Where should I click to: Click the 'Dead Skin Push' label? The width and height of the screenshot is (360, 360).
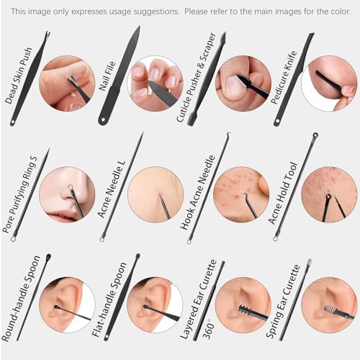[x=18, y=76]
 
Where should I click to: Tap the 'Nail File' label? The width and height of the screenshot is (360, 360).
[x=107, y=76]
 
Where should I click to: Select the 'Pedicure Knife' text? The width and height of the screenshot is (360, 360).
[x=284, y=77]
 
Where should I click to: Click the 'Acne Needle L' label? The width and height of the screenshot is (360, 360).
[x=112, y=189]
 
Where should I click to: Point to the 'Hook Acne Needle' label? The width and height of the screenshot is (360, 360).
[x=197, y=192]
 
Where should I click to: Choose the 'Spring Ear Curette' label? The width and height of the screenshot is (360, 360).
[x=283, y=302]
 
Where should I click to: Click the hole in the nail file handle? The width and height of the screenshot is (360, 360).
[x=104, y=120]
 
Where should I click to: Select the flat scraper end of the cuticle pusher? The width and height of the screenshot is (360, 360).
[x=192, y=120]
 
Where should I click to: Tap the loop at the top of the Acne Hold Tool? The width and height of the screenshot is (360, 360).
[x=315, y=135]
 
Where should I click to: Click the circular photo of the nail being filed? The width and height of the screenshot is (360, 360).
[x=156, y=84]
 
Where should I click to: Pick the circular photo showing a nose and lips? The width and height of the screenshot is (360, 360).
[x=68, y=195]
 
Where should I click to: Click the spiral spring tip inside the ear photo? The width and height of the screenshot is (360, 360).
[x=329, y=310]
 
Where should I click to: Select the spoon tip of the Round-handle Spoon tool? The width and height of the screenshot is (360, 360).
[x=48, y=257]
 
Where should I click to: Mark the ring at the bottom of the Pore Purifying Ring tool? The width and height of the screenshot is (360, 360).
[x=14, y=238]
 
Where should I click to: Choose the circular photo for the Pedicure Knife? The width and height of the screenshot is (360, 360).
[x=329, y=84]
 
